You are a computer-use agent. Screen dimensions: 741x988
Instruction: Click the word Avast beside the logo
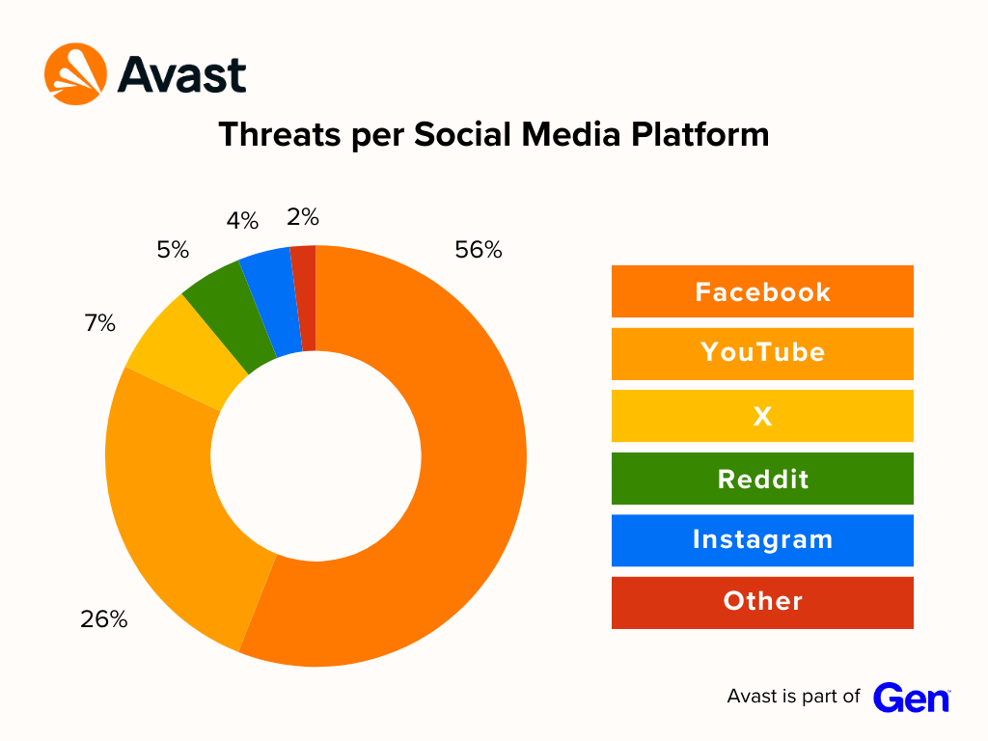click(x=182, y=75)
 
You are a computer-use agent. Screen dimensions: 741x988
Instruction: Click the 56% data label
click(x=479, y=250)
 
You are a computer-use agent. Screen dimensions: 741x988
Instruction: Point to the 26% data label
click(x=104, y=619)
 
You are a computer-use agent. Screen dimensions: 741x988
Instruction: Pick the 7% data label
click(x=99, y=323)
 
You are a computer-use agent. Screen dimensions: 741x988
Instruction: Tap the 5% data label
click(x=173, y=250)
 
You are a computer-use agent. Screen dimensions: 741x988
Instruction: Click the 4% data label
click(x=242, y=221)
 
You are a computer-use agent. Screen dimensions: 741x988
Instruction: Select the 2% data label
click(x=303, y=217)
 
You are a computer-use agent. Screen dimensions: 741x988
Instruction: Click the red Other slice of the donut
click(x=305, y=298)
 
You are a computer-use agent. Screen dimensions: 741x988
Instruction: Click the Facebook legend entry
click(x=762, y=291)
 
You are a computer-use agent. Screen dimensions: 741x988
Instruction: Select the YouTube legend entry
click(x=762, y=353)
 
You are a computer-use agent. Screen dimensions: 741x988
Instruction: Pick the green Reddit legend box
click(x=762, y=479)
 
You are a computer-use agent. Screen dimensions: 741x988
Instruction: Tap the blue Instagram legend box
click(x=762, y=540)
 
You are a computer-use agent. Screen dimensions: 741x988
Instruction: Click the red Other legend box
click(x=762, y=602)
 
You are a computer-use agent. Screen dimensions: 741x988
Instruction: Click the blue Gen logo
click(x=911, y=698)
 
